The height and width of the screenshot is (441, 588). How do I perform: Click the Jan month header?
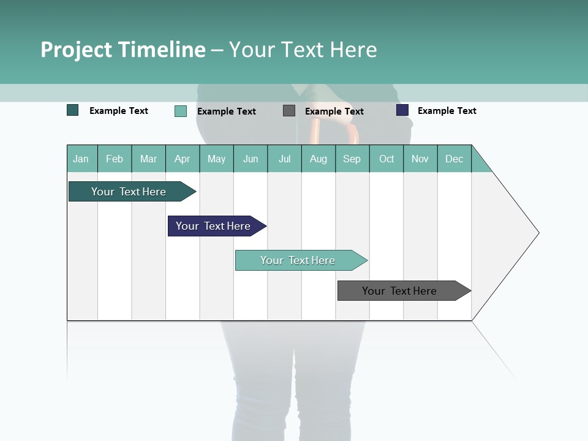[81, 159]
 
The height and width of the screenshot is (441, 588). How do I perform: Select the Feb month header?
[115, 159]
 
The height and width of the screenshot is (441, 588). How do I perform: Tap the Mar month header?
[148, 159]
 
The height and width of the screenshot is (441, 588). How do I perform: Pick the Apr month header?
[183, 159]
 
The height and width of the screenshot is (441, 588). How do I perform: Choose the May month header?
[216, 159]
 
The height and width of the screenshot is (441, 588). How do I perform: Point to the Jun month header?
[251, 159]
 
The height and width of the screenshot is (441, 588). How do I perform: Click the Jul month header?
[284, 159]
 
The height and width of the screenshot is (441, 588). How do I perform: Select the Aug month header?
[318, 159]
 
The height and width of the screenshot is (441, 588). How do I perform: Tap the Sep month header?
[352, 159]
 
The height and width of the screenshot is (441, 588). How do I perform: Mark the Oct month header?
[386, 159]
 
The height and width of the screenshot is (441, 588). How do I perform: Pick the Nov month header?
[420, 159]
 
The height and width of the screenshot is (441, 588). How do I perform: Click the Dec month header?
[454, 159]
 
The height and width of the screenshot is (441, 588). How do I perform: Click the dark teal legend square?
[73, 110]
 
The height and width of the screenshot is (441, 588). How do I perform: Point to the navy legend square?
[402, 110]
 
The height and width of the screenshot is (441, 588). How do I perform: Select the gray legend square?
[289, 110]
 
